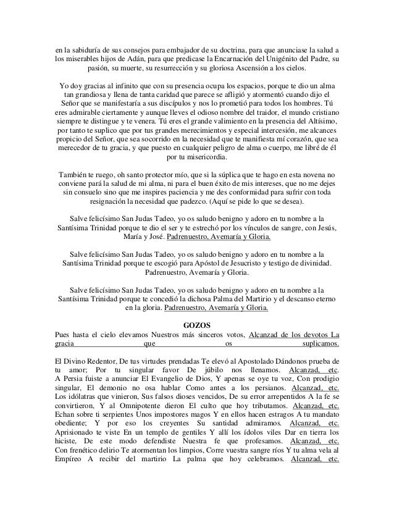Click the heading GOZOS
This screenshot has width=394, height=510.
pyautogui.click(x=197, y=325)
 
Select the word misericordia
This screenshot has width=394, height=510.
pyautogui.click(x=207, y=157)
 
